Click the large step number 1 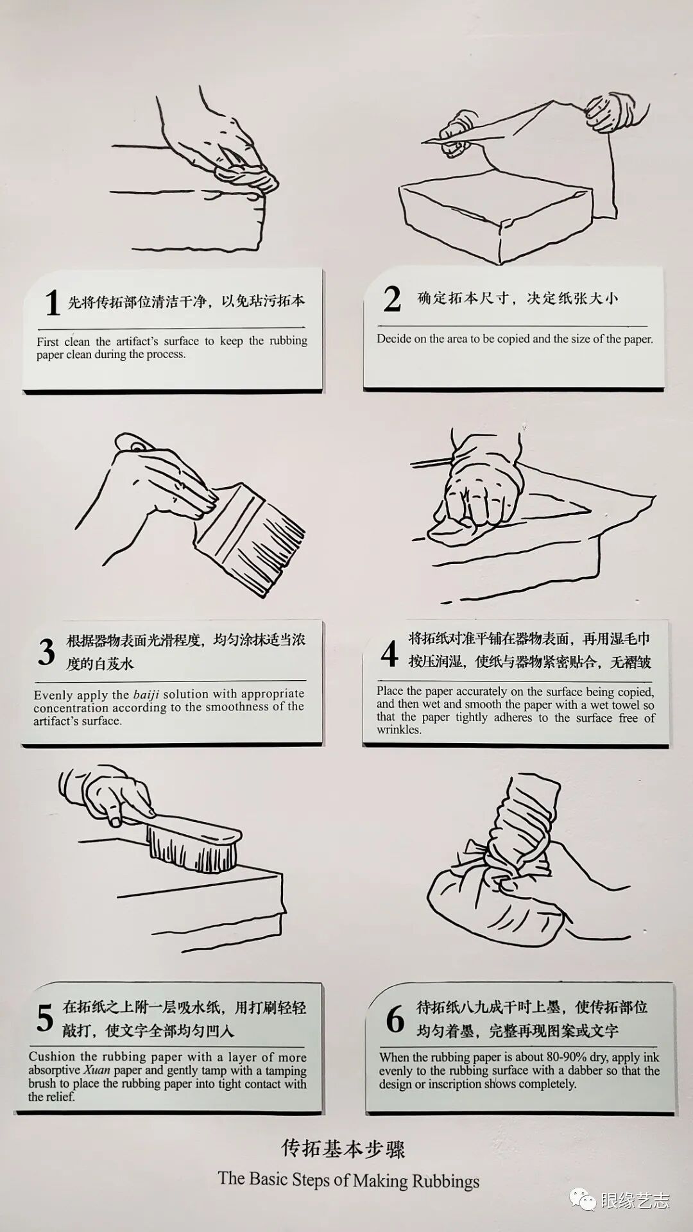tap(53, 302)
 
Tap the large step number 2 tap(392, 299)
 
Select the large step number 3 tap(46, 653)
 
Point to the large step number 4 tap(389, 653)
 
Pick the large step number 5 tap(45, 1018)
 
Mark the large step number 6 tap(395, 1019)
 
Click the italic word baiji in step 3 tap(146, 695)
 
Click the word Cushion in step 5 tap(52, 1056)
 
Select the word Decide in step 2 tap(394, 339)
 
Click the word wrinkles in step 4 tap(398, 730)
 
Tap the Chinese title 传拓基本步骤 tap(343, 1148)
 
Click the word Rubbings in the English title tap(445, 1181)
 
